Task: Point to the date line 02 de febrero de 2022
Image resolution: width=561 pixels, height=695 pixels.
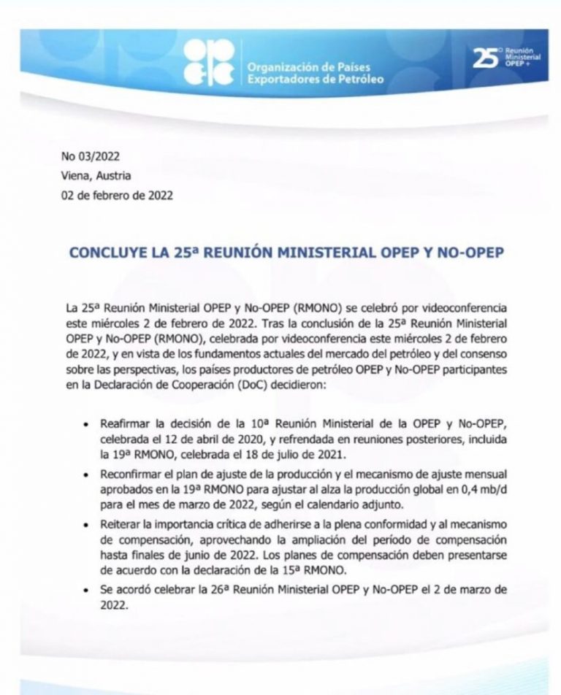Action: pyautogui.click(x=118, y=195)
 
